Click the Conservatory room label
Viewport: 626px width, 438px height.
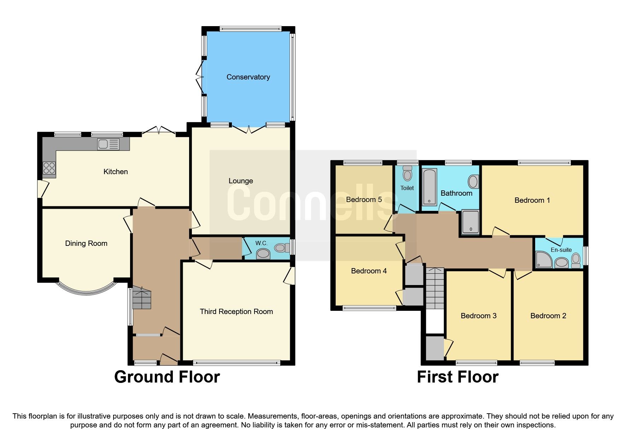click(248, 77)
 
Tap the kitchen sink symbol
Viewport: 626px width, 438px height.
click(109, 144)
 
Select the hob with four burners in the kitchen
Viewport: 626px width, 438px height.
click(49, 168)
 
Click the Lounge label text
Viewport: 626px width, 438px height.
click(241, 181)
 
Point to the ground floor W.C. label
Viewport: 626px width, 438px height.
click(261, 243)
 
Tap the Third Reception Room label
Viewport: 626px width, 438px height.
click(236, 312)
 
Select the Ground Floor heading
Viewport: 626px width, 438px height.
click(167, 377)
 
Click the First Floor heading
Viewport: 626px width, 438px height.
click(457, 377)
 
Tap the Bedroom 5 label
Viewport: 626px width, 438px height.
click(364, 200)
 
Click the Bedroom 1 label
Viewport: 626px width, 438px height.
click(532, 200)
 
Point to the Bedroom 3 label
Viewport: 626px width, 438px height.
click(478, 316)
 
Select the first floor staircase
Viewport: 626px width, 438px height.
click(434, 288)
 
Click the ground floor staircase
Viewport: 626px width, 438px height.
click(142, 300)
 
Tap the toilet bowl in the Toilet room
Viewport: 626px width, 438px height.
click(407, 175)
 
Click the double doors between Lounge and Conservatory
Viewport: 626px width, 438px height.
click(249, 129)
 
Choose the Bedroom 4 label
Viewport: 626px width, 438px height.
click(369, 271)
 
